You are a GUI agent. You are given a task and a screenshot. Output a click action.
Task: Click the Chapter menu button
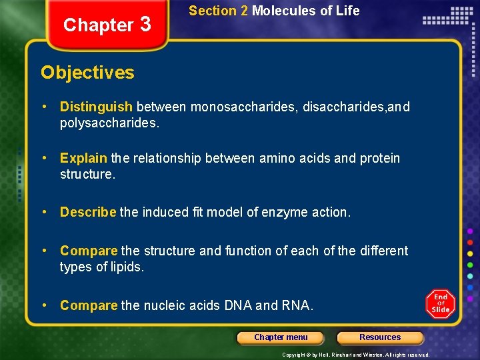(x=281, y=337)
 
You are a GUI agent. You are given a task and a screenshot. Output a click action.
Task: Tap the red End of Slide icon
(x=440, y=304)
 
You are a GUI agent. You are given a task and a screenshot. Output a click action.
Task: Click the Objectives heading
(x=87, y=73)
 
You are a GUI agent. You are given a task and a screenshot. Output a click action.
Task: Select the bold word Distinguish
(x=96, y=107)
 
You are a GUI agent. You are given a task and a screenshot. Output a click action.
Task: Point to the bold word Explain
(x=83, y=159)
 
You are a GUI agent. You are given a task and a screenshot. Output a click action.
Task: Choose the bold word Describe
(x=88, y=213)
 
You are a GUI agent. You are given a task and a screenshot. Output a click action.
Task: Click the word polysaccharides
(x=109, y=123)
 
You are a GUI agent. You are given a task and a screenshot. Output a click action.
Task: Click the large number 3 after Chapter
(x=147, y=24)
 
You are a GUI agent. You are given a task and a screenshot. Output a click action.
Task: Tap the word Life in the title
(x=348, y=11)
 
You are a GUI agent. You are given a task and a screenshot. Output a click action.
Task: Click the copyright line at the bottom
(x=355, y=355)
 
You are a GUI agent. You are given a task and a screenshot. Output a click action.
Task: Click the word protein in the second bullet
(x=380, y=159)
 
